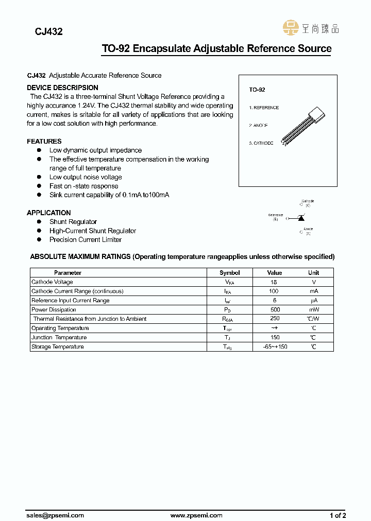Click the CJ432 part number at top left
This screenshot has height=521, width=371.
coord(48,31)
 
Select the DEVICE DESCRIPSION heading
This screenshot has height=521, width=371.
coord(62,88)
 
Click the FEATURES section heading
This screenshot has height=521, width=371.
coord(44,141)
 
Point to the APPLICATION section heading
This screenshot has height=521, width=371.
coord(49,213)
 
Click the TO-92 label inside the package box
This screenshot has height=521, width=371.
coord(257,90)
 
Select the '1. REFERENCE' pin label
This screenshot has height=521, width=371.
coord(264,108)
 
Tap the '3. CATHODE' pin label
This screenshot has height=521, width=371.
coord(261,143)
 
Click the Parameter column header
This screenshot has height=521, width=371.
coord(68,273)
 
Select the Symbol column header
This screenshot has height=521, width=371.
coord(229,273)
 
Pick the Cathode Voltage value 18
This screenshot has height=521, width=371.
coord(274,282)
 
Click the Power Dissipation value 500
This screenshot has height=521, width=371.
coord(274,310)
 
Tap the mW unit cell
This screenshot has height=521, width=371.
coord(313,310)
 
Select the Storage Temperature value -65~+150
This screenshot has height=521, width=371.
coord(274,347)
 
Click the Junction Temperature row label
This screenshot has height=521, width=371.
coord(59,338)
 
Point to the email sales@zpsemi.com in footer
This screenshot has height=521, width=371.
coord(55,515)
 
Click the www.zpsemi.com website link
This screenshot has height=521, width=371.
coord(196,515)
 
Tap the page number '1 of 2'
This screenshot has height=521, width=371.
coord(338,515)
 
